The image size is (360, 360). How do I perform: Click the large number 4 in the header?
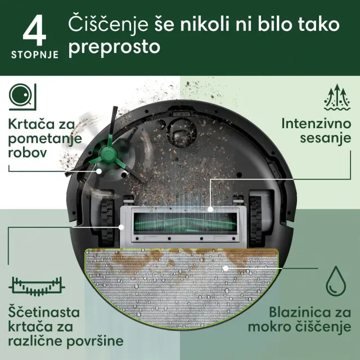pos(35,30)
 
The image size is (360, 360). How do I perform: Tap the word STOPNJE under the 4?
pos(35,55)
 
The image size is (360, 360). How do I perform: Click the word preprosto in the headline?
pos(114,47)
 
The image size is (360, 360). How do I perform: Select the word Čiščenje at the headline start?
pos(108,25)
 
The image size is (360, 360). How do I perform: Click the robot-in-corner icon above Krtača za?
pos(22,97)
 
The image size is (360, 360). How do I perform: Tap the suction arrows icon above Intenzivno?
pos(337,97)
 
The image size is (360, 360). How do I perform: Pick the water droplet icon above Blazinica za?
pos(336,281)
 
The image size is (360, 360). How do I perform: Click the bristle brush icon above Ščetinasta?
pos(37,286)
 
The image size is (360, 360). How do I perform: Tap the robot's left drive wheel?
pos(107,221)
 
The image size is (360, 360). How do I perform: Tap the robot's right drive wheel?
pos(255,220)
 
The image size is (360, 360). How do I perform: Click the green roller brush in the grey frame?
pos(185,222)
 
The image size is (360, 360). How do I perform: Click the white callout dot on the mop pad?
pos(226,268)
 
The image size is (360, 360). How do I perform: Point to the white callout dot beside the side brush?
pos(99,171)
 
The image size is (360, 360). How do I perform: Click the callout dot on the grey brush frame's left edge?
pos(121,227)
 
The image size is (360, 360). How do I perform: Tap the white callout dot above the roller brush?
pos(210,209)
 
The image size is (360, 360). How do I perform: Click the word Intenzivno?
pos(316,124)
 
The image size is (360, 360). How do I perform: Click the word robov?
pos(28,152)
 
